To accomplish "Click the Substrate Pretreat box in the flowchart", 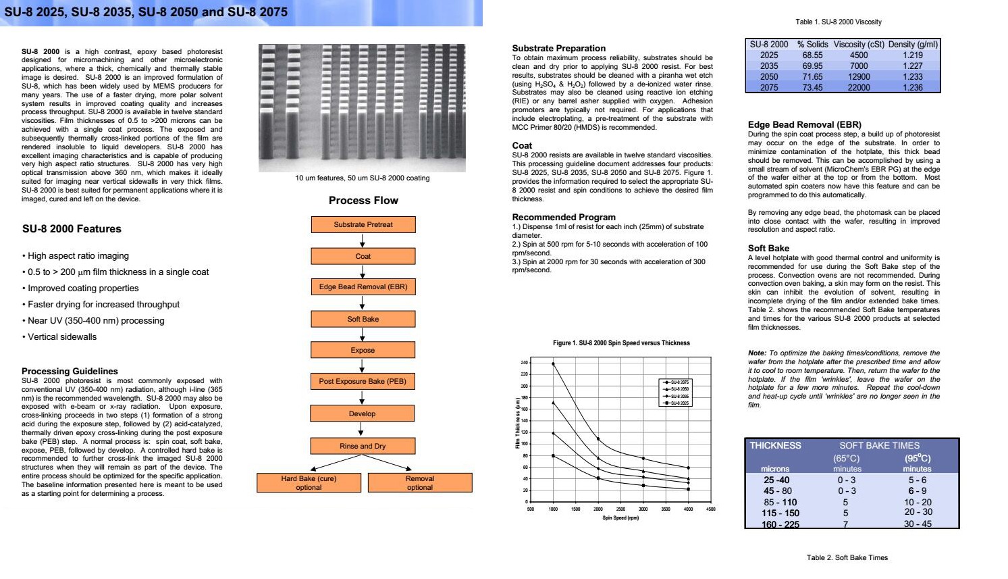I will coord(363,224).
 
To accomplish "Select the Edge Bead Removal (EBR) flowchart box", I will coord(363,287).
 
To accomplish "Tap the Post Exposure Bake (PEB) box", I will coord(363,382).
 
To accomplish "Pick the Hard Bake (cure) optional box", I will coord(309,482).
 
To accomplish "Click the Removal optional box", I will coord(420,482).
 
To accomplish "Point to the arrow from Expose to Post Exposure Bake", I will coord(363,366).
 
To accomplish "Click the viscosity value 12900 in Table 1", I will coord(859,77).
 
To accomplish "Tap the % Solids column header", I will coord(812,45).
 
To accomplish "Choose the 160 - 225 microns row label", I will coord(780,524).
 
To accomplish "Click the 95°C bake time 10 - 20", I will coord(918,502).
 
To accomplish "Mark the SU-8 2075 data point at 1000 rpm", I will coord(553,364).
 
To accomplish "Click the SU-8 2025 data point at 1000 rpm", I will coord(553,456).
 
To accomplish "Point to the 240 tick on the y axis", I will coord(524,363).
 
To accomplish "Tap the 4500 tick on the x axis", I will coord(710,509).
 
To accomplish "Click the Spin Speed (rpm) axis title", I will coord(620,518).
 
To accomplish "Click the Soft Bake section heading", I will coord(768,248).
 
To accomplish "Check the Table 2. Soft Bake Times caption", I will coord(847,557).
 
